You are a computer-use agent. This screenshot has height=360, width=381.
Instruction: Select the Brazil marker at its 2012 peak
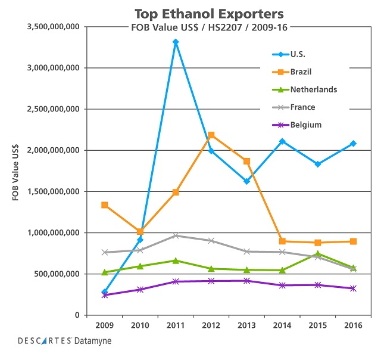tap(211, 135)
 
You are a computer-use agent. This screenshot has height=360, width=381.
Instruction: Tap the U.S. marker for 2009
tap(105, 292)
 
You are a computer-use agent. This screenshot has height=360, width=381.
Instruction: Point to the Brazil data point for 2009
tap(105, 205)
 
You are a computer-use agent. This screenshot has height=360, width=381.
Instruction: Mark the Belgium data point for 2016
tap(353, 288)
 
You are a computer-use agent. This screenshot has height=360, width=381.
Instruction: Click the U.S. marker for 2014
tap(282, 141)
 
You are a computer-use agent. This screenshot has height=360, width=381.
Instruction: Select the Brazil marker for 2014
tap(282, 241)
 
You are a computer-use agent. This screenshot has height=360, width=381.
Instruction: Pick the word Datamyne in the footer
tap(93, 341)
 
